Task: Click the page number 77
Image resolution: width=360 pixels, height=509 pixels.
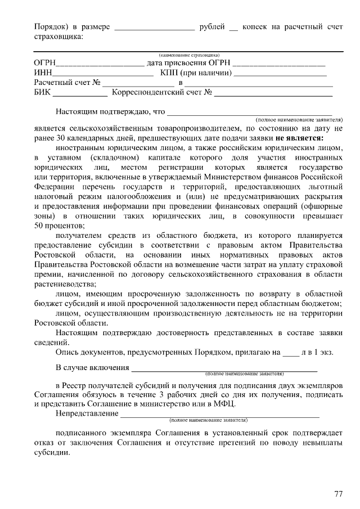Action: [338, 494]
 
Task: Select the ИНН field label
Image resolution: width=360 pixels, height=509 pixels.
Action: [43, 73]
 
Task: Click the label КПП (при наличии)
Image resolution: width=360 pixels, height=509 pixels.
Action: [196, 73]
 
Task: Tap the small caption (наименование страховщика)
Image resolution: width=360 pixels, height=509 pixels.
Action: [188, 55]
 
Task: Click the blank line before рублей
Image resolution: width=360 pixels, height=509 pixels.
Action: [154, 28]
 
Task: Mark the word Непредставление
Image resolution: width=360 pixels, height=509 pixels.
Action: [87, 414]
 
